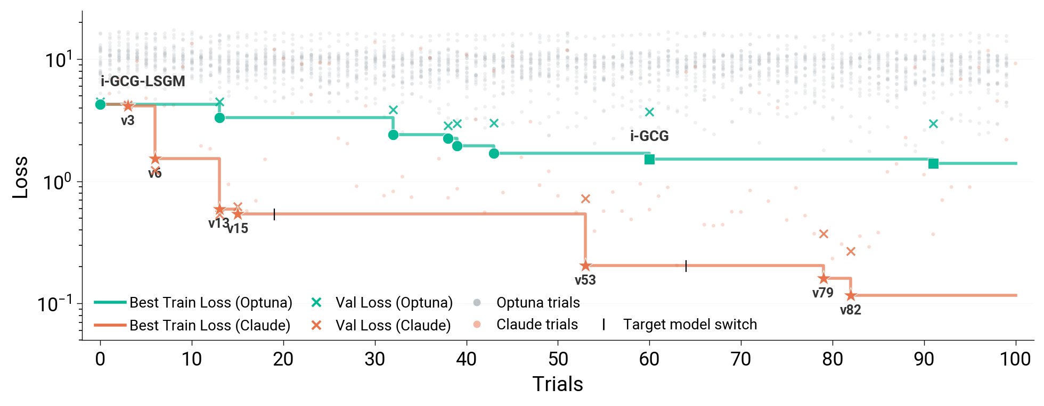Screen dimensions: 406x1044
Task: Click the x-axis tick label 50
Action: click(x=558, y=359)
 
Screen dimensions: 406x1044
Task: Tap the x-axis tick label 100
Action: click(x=1015, y=359)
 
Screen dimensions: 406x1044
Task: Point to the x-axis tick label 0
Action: click(x=100, y=359)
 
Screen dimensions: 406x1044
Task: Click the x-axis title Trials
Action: click(x=558, y=384)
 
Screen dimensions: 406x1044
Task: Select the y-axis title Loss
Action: click(x=20, y=178)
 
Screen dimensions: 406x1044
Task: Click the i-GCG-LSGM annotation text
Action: click(x=143, y=81)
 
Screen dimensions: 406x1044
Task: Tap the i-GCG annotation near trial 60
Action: click(x=649, y=136)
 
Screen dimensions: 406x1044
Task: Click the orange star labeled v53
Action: click(x=585, y=266)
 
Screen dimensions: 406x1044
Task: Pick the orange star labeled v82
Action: click(x=851, y=295)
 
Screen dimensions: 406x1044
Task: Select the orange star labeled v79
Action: click(x=823, y=278)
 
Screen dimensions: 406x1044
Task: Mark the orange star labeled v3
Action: click(x=128, y=106)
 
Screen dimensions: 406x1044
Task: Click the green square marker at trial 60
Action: click(x=649, y=159)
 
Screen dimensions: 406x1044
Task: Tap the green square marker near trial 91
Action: click(x=933, y=163)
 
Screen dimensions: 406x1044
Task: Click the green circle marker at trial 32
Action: click(x=393, y=135)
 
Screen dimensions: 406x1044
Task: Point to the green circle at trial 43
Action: click(x=494, y=153)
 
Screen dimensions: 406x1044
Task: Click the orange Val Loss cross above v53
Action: click(x=585, y=198)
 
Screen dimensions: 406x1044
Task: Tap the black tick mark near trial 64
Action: click(x=686, y=266)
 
